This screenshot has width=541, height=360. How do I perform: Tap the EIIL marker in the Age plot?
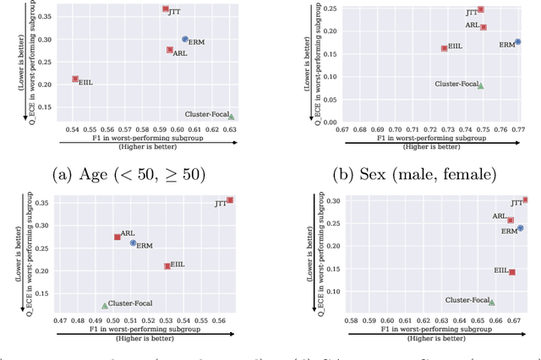(75, 79)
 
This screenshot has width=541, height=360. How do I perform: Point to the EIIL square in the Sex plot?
(445, 48)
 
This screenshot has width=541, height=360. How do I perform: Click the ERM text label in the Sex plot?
(506, 45)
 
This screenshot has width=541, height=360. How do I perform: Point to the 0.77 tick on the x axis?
(518, 129)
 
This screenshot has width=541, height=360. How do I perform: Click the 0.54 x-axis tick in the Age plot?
(71, 129)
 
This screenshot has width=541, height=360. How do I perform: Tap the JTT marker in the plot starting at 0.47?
(230, 200)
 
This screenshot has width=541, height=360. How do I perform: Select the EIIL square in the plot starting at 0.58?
(512, 272)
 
